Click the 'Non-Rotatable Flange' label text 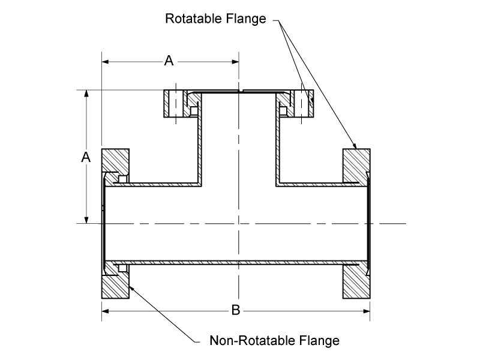pyautogui.click(x=275, y=341)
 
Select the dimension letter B pyautogui.click(x=236, y=310)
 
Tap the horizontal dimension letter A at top pyautogui.click(x=169, y=60)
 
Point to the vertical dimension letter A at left pyautogui.click(x=86, y=157)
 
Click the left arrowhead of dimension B pyautogui.click(x=104, y=310)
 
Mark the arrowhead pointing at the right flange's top pyautogui.click(x=355, y=146)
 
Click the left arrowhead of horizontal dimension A pyautogui.click(x=106, y=61)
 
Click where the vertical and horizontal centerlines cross pyautogui.click(x=239, y=223)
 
